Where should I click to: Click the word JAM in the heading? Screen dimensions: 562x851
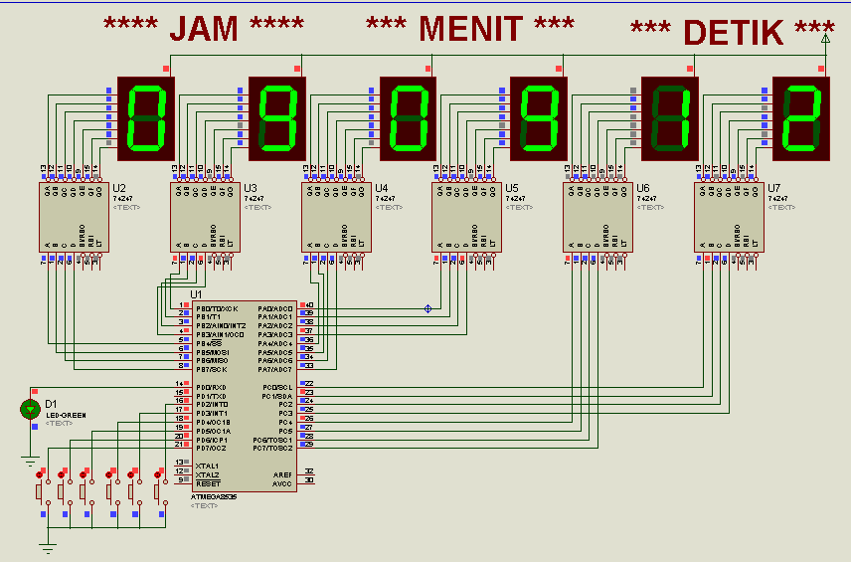[205, 29]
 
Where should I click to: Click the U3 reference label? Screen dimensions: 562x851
[251, 188]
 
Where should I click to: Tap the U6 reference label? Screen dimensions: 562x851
[642, 188]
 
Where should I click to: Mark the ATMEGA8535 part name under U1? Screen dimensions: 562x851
[205, 495]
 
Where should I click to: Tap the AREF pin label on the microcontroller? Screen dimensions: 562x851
[282, 473]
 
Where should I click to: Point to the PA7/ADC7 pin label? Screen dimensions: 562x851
[275, 369]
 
